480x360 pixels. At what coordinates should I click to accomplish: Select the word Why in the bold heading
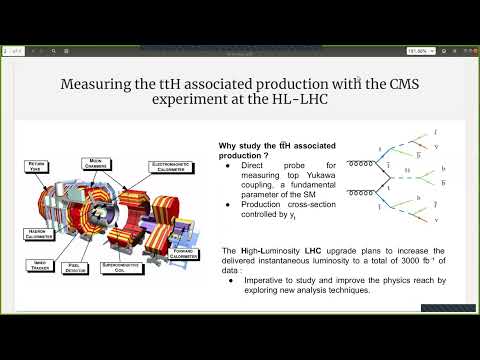click(227, 145)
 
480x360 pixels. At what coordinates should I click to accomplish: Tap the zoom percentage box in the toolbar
click(420, 51)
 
